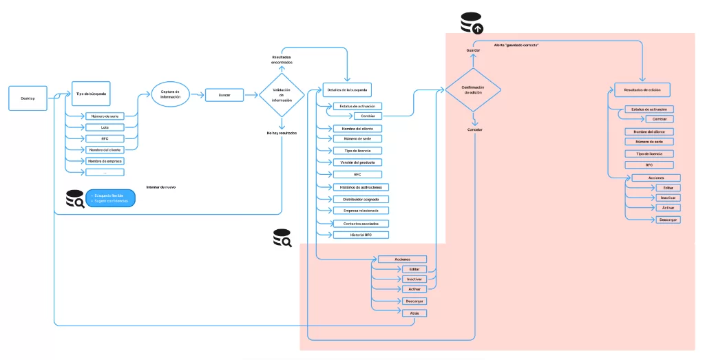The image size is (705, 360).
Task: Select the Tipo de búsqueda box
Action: pos(92,93)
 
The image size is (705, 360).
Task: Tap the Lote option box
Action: pos(105,127)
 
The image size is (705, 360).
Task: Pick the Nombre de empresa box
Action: pos(105,161)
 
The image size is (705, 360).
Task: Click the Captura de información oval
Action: pos(170,95)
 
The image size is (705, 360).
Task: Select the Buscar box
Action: pos(224,95)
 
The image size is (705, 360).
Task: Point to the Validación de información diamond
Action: pos(282,96)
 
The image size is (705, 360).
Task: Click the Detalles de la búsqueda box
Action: pos(347,90)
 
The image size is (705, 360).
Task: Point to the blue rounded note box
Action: pos(109,198)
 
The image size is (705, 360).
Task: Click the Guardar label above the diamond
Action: pos(473,50)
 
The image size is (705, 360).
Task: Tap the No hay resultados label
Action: pos(282,132)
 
